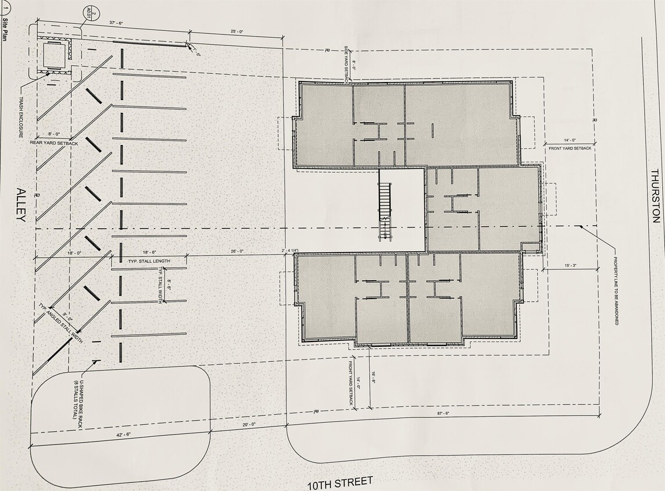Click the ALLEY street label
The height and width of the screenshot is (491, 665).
pos(22,205)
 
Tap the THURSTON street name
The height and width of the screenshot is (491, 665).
pos(655,196)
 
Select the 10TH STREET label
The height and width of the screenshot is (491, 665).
pos(341,482)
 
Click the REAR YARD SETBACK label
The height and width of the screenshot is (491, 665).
pos(54,143)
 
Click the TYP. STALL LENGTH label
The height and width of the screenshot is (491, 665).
pos(149,261)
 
